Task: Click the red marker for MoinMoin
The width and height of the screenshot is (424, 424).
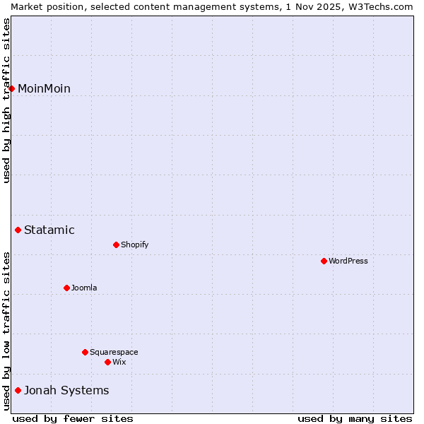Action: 12,88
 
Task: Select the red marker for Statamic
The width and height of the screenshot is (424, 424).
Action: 18,230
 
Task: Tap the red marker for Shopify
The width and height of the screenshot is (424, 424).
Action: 117,245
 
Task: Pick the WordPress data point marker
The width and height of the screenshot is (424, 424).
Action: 324,261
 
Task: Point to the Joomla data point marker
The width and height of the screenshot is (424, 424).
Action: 67,288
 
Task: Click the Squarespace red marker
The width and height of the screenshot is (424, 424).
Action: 86,352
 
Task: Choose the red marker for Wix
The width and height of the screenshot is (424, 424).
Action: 108,362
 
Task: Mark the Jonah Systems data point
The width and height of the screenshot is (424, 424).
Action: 18,390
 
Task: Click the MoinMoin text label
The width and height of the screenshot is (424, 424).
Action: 44,88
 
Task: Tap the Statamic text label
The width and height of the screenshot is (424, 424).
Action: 49,230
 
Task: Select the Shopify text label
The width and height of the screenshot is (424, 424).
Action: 134,245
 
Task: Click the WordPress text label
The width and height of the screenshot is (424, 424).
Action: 348,261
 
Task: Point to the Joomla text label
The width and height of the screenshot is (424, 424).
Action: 84,288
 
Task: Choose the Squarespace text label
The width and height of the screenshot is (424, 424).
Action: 114,352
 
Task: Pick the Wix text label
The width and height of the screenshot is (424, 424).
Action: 119,362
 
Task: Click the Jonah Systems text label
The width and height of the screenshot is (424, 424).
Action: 66,390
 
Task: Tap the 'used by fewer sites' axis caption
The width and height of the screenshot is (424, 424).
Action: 73,418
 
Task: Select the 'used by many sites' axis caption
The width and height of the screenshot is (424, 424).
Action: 355,418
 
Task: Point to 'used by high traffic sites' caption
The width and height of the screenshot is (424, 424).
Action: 6,100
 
